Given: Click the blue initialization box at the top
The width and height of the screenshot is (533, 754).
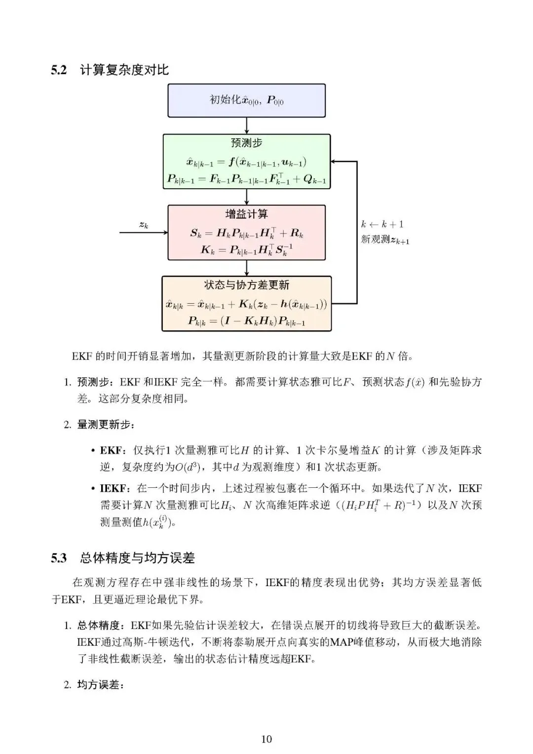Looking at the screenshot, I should click(246, 100).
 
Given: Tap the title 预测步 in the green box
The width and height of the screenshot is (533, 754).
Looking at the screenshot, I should click(246, 143).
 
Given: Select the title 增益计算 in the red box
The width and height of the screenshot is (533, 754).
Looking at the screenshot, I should click(246, 214).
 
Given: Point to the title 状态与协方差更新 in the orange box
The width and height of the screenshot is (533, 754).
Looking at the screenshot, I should click(246, 285).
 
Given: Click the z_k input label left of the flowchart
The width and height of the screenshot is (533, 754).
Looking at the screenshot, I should click(143, 225).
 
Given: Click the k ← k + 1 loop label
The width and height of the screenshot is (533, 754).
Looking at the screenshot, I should click(382, 224).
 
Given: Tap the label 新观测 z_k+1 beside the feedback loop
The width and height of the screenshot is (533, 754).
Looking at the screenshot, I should click(385, 240).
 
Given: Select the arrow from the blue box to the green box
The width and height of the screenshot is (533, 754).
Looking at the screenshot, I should click(246, 125).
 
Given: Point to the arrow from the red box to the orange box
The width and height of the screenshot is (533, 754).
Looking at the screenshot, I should click(246, 268).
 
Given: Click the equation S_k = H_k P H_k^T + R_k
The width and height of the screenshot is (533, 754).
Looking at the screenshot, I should click(246, 233).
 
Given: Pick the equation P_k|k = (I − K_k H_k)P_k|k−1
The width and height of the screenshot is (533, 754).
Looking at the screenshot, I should click(246, 321).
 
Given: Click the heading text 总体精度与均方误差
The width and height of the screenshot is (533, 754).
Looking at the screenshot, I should click(137, 558).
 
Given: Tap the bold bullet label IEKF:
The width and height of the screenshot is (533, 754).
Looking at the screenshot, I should click(114, 488).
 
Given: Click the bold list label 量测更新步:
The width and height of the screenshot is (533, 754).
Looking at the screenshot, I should click(106, 425).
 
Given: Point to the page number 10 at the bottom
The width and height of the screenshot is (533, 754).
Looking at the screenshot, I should click(266, 739).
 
